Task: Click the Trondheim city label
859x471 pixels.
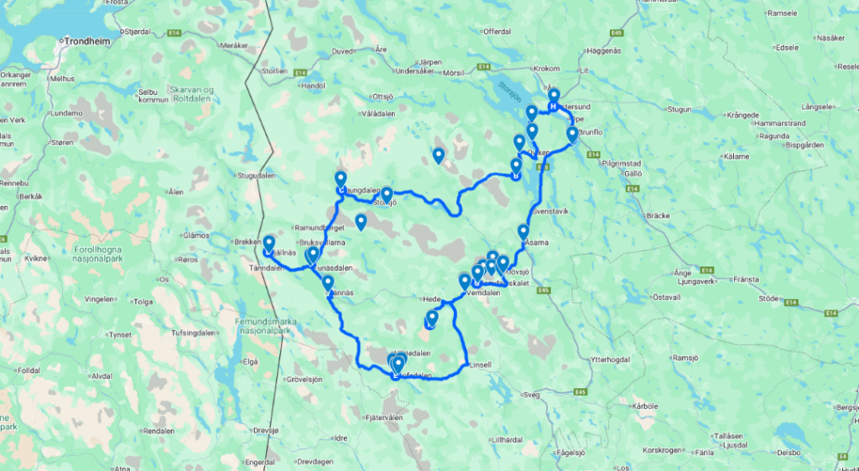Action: [x=90, y=39]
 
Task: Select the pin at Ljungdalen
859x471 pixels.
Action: [x=341, y=180]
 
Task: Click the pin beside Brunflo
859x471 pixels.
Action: [x=572, y=135]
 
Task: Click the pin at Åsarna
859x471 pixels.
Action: [x=523, y=233]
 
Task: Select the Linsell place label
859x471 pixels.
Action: [x=480, y=365]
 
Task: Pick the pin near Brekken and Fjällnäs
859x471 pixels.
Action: [x=268, y=244]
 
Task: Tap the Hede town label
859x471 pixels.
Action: [x=430, y=298]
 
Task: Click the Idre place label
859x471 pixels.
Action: [x=341, y=437]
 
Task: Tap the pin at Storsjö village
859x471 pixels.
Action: [x=387, y=195]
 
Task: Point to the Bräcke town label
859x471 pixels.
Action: [x=658, y=215]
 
